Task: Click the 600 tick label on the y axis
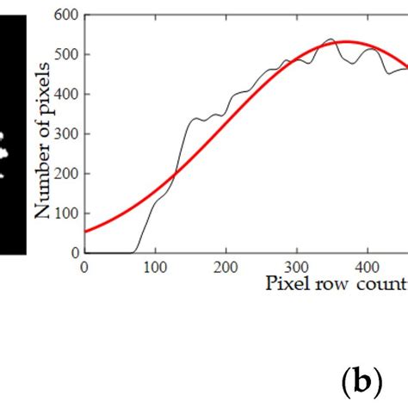[65, 15]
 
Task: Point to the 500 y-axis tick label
[65, 54]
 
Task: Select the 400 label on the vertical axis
[65, 94]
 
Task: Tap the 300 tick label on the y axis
[65, 133]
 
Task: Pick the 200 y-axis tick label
[65, 174]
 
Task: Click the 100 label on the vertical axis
[65, 213]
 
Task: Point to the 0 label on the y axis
[73, 253]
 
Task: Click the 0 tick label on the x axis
[83, 267]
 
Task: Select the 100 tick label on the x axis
[155, 267]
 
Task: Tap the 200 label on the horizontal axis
[226, 267]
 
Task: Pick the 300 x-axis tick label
[296, 267]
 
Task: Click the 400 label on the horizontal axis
[368, 267]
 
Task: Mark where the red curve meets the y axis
[84, 232]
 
